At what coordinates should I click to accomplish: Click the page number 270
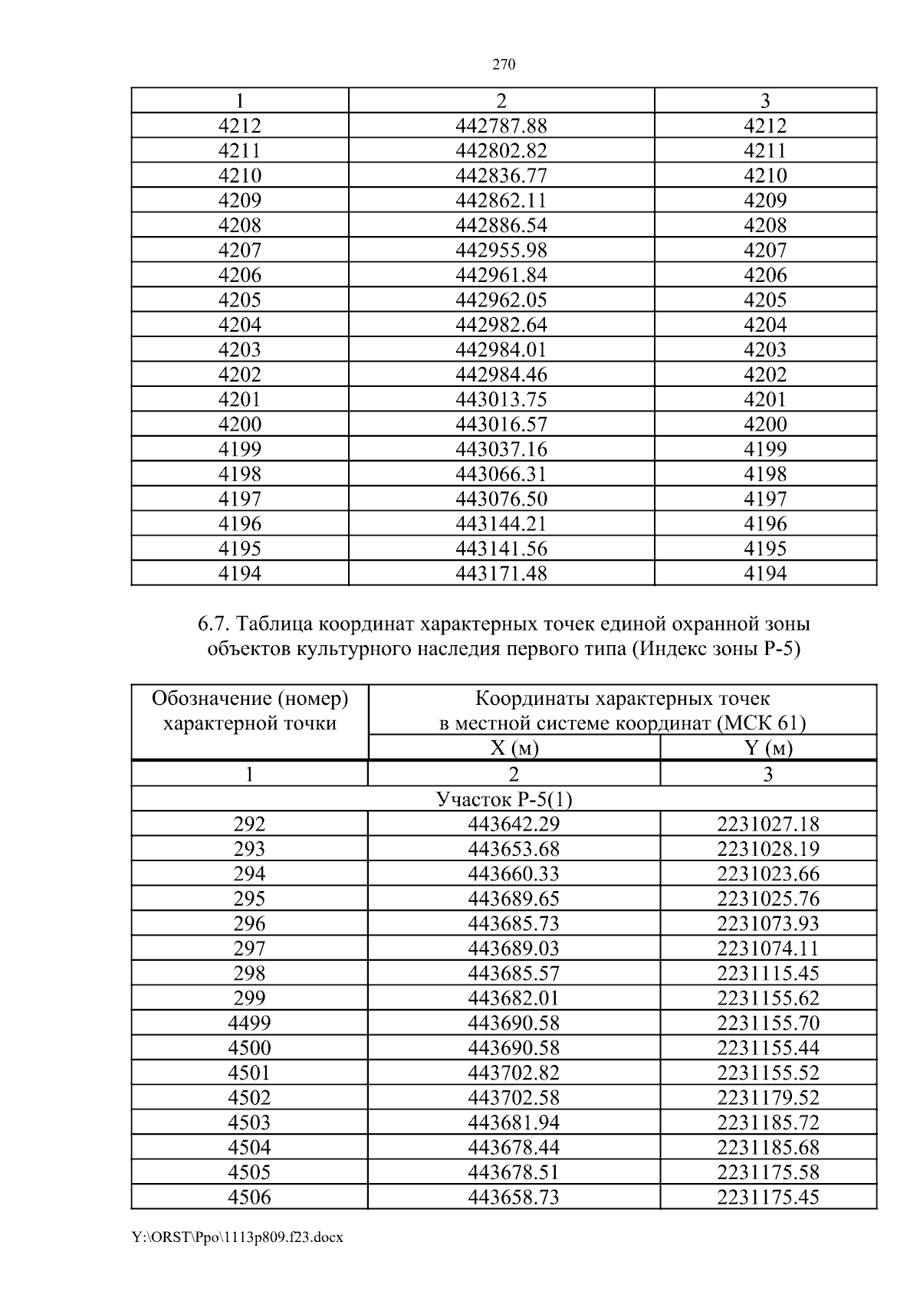tap(503, 65)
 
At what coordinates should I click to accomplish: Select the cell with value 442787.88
tap(501, 126)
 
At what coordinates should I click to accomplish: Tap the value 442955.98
tap(501, 250)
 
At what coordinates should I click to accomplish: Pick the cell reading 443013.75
tap(501, 399)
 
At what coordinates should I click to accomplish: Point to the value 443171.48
tap(501, 573)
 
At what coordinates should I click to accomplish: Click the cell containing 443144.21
tap(501, 523)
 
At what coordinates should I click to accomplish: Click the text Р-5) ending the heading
tap(783, 649)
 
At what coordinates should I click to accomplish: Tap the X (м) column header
tap(514, 748)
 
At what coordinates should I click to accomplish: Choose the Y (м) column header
tap(768, 748)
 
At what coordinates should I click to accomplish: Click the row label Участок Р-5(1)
tap(504, 799)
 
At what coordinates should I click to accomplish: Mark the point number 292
tap(249, 824)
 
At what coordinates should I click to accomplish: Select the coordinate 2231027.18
tap(768, 824)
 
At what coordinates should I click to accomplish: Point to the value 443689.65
tap(514, 899)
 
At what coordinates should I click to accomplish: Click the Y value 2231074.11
tap(768, 949)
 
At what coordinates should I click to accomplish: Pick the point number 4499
tap(249, 1023)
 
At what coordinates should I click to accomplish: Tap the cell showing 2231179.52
tap(768, 1097)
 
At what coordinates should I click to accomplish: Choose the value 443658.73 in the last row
tap(514, 1197)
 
